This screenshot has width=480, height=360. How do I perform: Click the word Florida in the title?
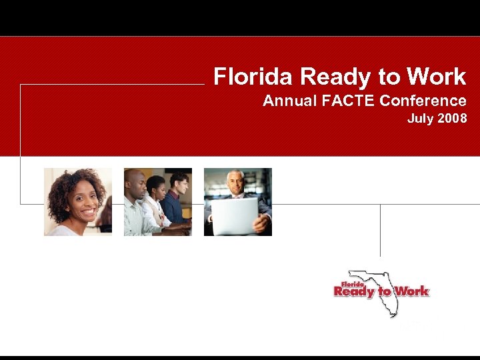253,77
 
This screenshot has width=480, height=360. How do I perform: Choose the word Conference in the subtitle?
423,101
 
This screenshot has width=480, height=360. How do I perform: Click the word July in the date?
420,120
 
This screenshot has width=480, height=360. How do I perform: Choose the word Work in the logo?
411,291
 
